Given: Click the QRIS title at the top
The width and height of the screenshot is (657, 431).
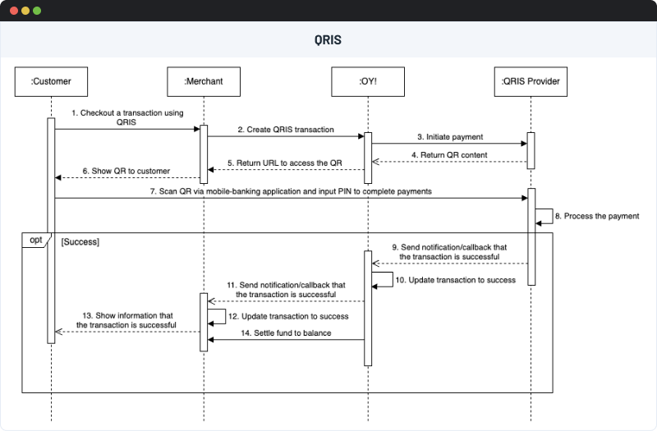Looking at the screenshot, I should coord(328,39).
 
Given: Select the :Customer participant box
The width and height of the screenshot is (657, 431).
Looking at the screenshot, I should coord(51,81).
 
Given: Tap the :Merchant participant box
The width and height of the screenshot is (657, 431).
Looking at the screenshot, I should coord(204,81).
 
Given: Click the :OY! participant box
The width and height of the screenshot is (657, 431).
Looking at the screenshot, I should coord(368,81).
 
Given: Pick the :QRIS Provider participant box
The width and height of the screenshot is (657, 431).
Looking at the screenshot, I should coord(530,81).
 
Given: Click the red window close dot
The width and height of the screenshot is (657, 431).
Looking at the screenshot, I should coord(11,11).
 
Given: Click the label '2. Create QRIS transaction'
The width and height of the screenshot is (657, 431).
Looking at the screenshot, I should coord(285,130).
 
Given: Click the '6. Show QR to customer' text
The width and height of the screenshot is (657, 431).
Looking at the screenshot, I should coord(126,171).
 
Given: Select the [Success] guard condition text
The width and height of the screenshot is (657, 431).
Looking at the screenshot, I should coord(80,243).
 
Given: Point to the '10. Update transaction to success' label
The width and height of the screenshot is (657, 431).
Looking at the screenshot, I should coord(456,280).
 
